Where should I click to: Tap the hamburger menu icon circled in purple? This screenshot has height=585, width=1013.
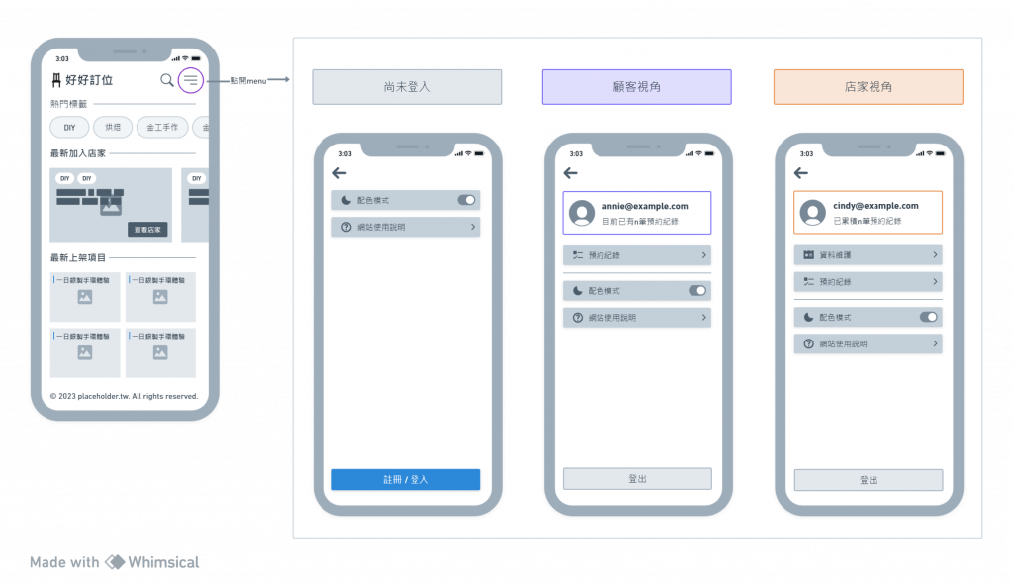[191, 80]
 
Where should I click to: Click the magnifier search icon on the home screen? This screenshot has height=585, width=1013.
[167, 80]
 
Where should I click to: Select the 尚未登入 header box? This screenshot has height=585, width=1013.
[407, 87]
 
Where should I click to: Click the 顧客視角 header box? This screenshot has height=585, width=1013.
[636, 87]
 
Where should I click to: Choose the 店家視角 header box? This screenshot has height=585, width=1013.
[868, 87]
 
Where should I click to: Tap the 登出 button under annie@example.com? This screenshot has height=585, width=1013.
[637, 479]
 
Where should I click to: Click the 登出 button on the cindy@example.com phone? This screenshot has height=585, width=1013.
[868, 480]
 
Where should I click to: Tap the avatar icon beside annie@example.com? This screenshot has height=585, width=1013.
[582, 213]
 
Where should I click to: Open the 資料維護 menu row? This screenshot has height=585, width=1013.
[868, 255]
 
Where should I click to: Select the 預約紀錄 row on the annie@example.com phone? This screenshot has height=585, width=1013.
[637, 255]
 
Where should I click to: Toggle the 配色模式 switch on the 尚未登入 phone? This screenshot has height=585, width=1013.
[466, 200]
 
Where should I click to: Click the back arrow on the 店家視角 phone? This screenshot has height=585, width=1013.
[801, 173]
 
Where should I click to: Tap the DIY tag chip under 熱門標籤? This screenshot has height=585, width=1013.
[69, 128]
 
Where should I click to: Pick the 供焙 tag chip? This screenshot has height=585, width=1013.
[112, 128]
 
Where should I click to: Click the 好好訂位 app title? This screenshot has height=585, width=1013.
[88, 80]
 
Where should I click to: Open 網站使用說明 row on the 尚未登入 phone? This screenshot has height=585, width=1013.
[406, 227]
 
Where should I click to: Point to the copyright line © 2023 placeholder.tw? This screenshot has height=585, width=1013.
[124, 396]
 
